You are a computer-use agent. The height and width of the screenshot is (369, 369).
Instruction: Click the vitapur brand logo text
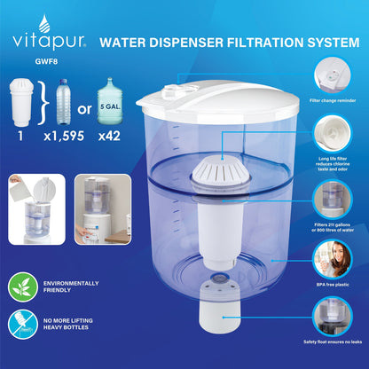pos(49,42)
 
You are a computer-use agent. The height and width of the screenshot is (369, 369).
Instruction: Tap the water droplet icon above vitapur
pos(44,23)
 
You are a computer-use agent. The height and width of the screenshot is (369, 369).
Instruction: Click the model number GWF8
pos(46,61)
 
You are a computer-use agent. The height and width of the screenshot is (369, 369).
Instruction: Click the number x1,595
pos(64,136)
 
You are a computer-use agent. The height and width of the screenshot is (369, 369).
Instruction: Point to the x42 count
pos(109,136)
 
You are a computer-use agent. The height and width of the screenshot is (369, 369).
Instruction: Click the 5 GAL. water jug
pos(110,101)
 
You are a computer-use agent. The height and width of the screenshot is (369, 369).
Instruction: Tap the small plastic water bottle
pos(64,101)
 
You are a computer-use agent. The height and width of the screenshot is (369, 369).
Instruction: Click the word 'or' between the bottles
pos(84,109)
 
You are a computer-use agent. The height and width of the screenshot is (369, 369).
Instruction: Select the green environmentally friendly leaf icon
pos(23,287)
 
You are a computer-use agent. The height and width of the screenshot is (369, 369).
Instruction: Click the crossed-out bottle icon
pos(23,324)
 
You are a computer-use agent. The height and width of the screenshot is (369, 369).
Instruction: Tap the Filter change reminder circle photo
pos(333,75)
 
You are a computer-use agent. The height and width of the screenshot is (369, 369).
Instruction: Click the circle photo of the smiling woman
pos(333,259)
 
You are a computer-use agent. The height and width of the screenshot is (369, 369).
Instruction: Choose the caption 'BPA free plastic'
pos(333,285)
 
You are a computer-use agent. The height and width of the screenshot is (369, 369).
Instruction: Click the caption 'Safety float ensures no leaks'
pos(333,342)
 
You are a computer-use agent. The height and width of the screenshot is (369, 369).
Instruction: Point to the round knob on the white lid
pos(170,92)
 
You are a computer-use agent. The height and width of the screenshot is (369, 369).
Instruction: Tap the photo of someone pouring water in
pos(37,209)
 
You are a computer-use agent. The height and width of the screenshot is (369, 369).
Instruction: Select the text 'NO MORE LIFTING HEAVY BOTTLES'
pos(68,324)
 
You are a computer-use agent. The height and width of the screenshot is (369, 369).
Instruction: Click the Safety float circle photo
pos(333,317)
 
